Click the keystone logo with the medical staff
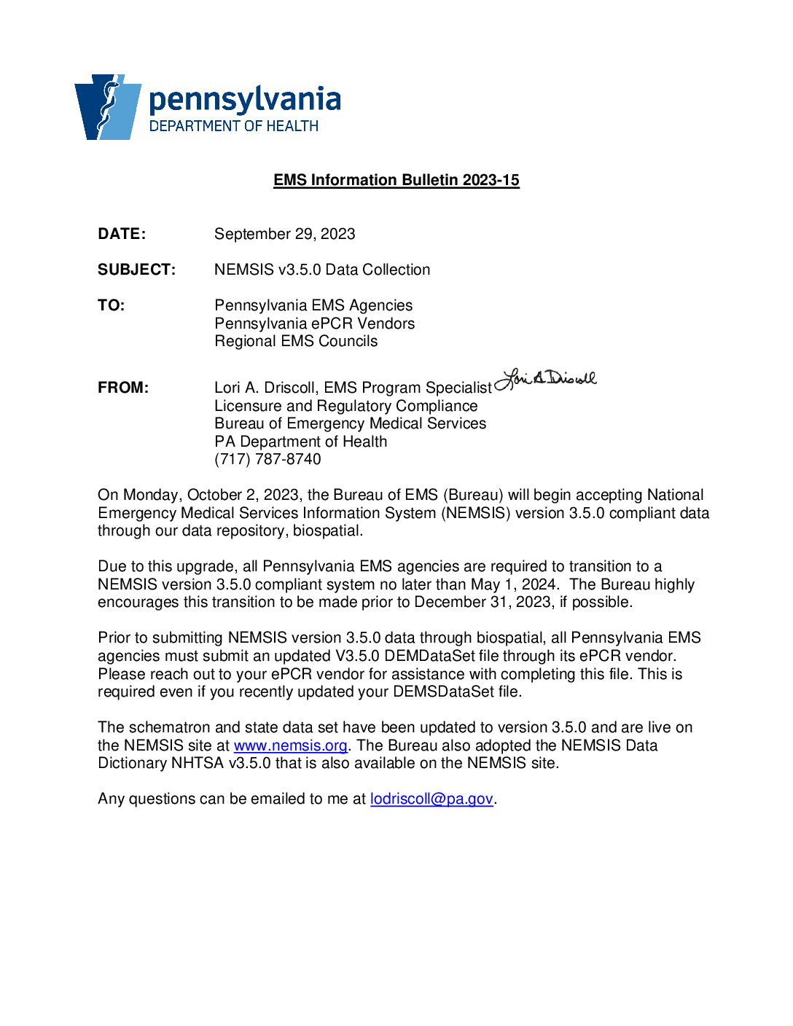point(108,106)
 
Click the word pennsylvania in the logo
point(244,100)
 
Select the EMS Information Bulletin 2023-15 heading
point(396,180)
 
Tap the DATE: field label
point(122,234)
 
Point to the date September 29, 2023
point(284,234)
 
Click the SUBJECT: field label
point(136,270)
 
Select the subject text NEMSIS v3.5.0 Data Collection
point(321,270)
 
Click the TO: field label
point(111,305)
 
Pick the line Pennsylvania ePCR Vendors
point(314,324)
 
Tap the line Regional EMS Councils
point(296,341)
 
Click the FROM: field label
point(123,388)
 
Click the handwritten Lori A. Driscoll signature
point(546,378)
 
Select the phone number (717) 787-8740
point(267,459)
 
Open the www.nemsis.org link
point(290,745)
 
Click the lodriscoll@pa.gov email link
point(431,799)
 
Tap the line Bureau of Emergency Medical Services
point(350,423)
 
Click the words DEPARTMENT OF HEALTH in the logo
point(233,126)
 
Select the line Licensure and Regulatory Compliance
point(345,406)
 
